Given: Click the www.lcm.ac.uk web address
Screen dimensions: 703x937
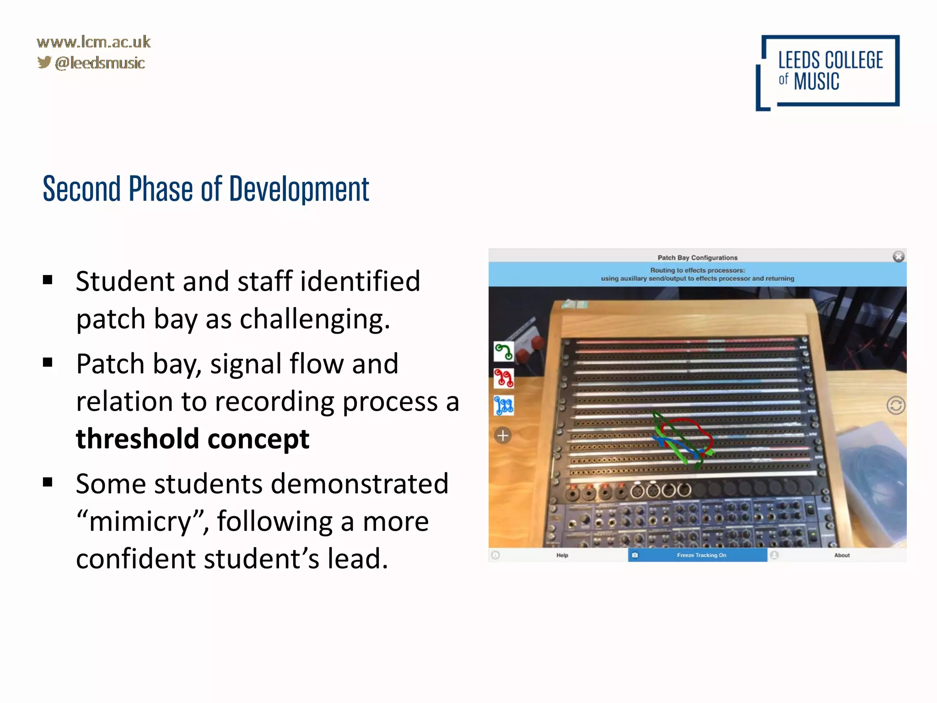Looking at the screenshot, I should [93, 42].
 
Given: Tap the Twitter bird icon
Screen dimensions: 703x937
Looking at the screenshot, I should [44, 62].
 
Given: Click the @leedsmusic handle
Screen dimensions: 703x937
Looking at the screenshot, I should [100, 63].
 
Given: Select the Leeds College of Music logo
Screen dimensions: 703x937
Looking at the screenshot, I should [827, 72].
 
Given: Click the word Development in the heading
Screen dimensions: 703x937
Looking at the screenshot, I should [299, 189].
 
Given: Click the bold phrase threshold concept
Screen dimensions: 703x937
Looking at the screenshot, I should [193, 438].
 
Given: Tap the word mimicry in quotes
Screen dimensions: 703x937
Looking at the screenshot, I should [140, 522].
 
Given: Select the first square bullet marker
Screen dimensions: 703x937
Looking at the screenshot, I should [48, 280].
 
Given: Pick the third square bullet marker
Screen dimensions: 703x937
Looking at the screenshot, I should [48, 482].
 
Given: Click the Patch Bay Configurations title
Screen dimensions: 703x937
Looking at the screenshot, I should [697, 258].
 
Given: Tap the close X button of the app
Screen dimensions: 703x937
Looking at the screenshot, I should [898, 257].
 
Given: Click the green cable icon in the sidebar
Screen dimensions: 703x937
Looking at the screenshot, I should [503, 351].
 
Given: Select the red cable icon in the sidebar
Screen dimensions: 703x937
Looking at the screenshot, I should [503, 379].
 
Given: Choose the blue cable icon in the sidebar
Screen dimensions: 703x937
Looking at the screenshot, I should [503, 406].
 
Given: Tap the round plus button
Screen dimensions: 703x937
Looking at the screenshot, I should [503, 435].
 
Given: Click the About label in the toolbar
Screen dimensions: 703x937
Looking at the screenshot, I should [841, 555].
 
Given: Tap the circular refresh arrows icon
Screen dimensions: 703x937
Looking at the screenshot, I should [895, 406].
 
